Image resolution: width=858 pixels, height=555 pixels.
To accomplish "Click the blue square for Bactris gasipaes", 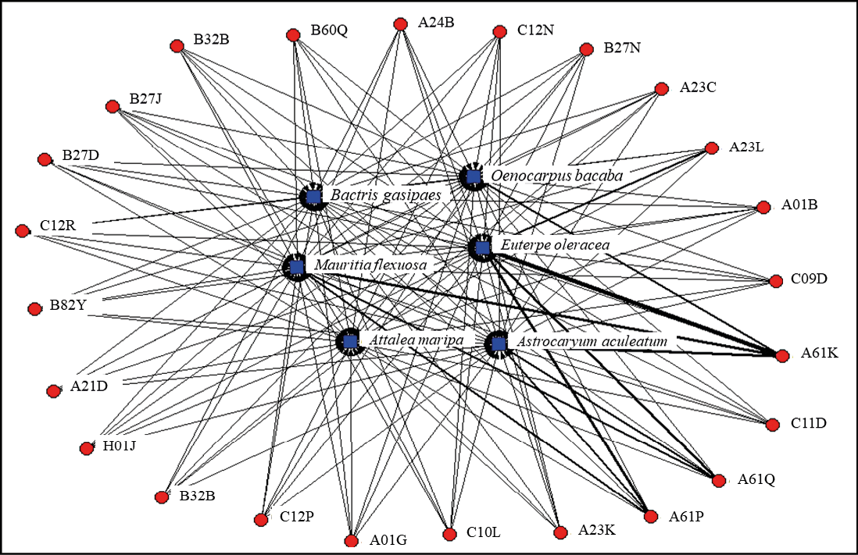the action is [313, 197].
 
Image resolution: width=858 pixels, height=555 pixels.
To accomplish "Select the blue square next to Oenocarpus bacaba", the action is [474, 176].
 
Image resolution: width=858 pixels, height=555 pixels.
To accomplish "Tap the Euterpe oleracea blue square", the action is [482, 248].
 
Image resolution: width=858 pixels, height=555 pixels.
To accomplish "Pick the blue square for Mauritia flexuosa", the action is [297, 268].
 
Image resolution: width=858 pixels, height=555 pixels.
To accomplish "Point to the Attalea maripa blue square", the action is [350, 341].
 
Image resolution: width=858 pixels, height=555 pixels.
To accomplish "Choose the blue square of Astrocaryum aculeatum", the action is [498, 344].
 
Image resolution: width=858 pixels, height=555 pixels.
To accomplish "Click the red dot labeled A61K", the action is [782, 356].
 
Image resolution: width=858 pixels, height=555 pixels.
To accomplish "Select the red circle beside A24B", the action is [401, 24].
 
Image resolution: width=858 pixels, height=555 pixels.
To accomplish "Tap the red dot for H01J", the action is [87, 449].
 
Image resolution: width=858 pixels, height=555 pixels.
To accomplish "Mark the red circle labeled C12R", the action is [23, 231].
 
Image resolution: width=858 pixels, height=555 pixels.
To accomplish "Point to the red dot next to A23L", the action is [712, 148].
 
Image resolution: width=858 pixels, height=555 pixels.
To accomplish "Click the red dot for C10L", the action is [449, 534].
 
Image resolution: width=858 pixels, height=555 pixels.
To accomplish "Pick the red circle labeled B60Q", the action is [293, 36].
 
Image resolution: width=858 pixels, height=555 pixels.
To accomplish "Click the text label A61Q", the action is [756, 479].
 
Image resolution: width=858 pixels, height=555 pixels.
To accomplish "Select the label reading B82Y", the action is [68, 305].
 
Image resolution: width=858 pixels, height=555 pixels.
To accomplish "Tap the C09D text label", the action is [809, 279].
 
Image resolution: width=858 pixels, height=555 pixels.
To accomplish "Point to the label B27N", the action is [622, 48].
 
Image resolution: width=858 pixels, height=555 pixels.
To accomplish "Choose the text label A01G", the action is [388, 540].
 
